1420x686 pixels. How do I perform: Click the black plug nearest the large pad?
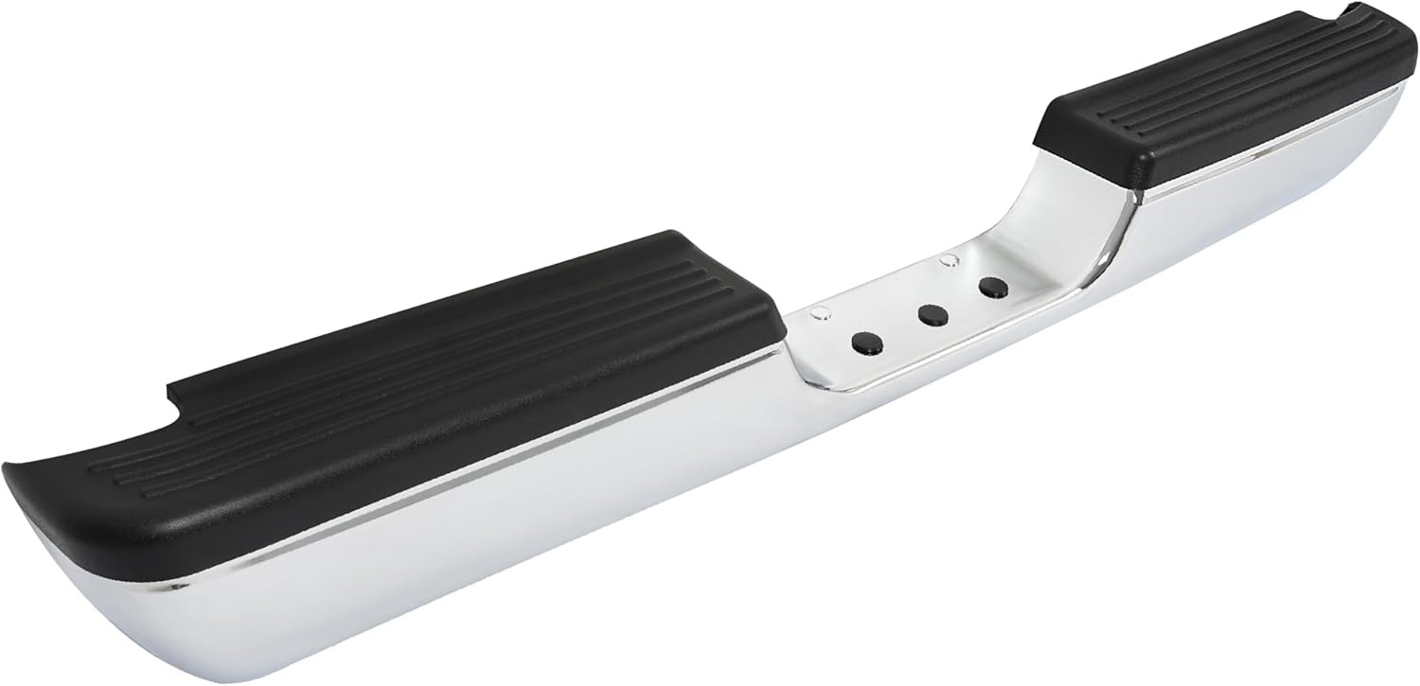click(864, 343)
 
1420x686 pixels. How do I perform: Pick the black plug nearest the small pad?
click(992, 289)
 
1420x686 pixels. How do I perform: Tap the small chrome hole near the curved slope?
click(945, 258)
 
